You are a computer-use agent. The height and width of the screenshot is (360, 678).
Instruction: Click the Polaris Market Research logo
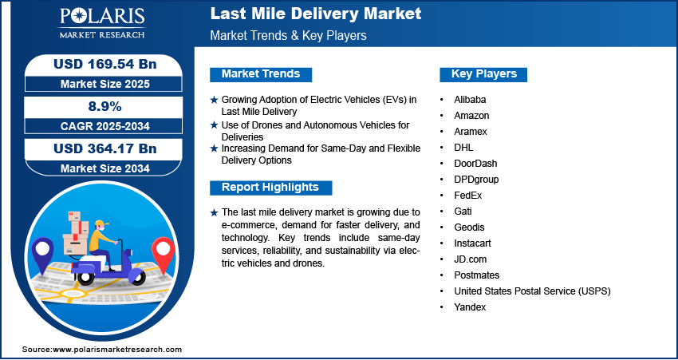(x=102, y=23)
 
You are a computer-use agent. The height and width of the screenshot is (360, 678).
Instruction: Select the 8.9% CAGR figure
(x=104, y=106)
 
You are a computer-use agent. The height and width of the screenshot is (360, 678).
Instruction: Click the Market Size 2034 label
(x=104, y=168)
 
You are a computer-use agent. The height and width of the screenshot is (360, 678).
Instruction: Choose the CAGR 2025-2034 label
(x=105, y=126)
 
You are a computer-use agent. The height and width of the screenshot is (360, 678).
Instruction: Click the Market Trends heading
(x=261, y=74)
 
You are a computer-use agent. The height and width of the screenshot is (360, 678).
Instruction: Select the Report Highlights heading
(x=270, y=188)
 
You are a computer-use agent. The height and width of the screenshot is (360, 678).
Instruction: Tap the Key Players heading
(x=484, y=74)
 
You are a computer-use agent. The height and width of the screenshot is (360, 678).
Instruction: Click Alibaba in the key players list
(x=470, y=100)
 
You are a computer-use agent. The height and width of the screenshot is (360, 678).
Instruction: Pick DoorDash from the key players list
(x=475, y=164)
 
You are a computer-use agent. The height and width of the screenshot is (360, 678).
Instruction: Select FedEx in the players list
(x=468, y=196)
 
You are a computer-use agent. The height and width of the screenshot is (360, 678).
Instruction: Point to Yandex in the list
(x=470, y=307)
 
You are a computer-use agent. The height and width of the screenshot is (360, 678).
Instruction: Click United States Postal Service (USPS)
(x=532, y=291)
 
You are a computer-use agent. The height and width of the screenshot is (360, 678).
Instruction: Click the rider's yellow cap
(x=101, y=224)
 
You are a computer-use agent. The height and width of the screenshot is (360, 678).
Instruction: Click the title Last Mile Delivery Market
(x=316, y=14)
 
